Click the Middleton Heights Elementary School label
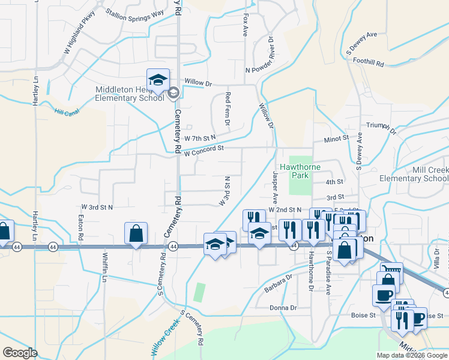tap(130, 94)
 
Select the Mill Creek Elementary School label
tap(414, 174)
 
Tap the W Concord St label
tap(203, 151)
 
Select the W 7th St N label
tap(200, 137)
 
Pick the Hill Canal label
tap(66, 111)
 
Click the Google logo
tap(20, 352)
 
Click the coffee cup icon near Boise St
tap(384, 295)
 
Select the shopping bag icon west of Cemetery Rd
tap(136, 233)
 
